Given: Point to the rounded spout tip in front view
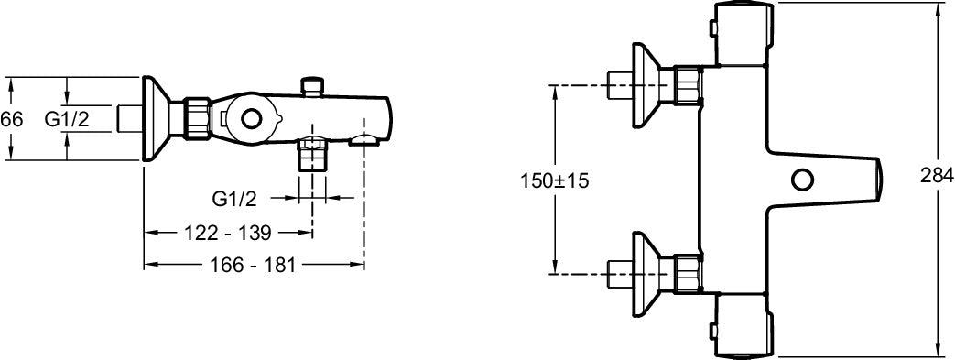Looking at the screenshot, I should click(874, 179).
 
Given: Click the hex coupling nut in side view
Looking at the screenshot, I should click(196, 119).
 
